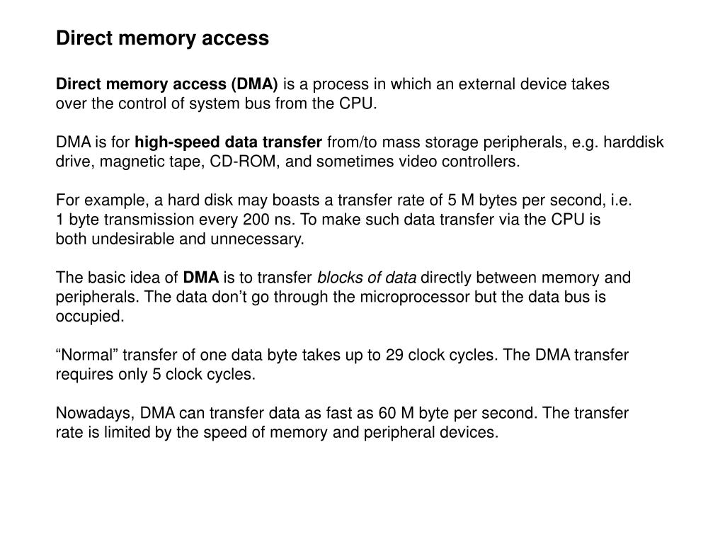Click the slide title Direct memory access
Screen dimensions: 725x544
[x=162, y=38]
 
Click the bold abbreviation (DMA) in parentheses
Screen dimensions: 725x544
[x=254, y=84]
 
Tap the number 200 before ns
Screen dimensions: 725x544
[x=256, y=220]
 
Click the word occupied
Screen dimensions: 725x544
[x=90, y=317]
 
